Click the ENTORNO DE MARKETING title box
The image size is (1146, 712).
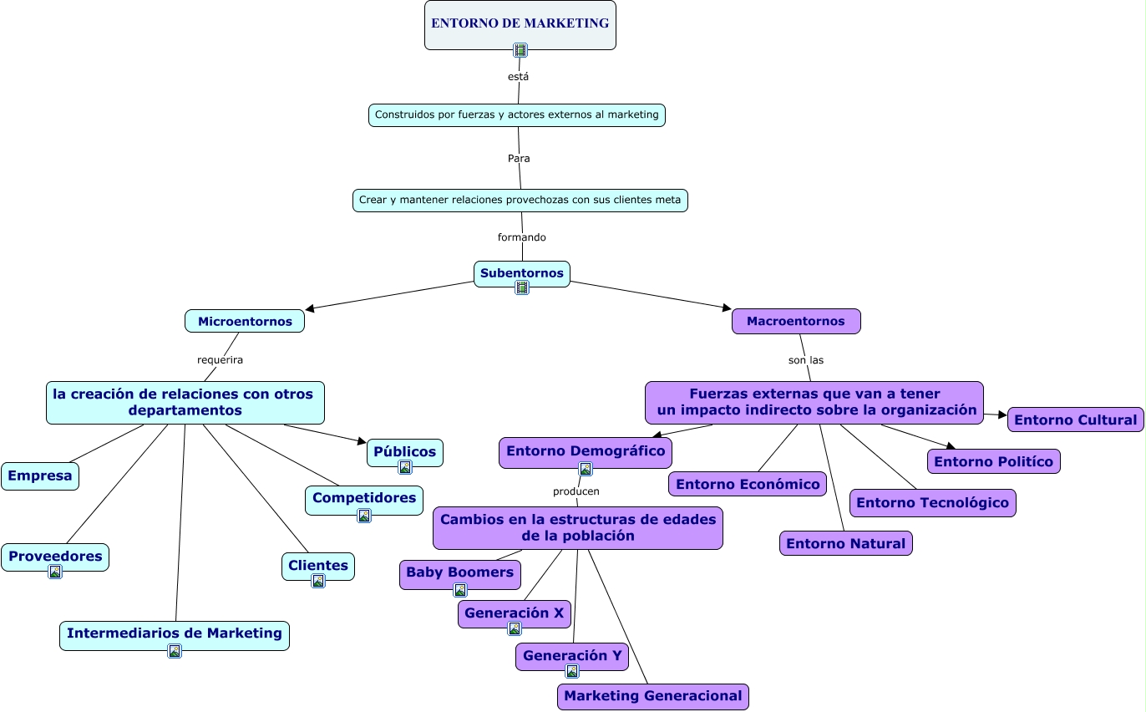click(x=520, y=24)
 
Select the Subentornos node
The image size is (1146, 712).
click(x=521, y=274)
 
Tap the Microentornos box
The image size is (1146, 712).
click(x=245, y=321)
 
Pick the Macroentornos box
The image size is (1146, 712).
click(x=796, y=321)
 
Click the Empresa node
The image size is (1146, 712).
click(x=40, y=476)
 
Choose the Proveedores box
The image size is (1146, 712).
click(x=55, y=557)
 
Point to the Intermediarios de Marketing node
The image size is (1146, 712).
click(x=175, y=636)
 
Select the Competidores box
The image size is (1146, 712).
click(x=363, y=500)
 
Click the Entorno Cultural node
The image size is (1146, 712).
click(x=1075, y=420)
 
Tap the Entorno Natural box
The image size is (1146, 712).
click(x=845, y=543)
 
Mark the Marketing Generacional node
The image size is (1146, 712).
click(x=653, y=697)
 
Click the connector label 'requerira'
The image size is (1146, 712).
click(x=220, y=360)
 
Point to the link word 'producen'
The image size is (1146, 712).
click(x=576, y=491)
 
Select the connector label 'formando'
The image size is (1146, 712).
click(x=522, y=237)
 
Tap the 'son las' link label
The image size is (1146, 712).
click(x=806, y=360)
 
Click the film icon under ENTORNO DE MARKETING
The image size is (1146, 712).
click(x=520, y=50)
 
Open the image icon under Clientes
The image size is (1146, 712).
click(x=318, y=581)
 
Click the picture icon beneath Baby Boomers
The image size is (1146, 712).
click(x=460, y=590)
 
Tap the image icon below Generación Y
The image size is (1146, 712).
click(x=572, y=671)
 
